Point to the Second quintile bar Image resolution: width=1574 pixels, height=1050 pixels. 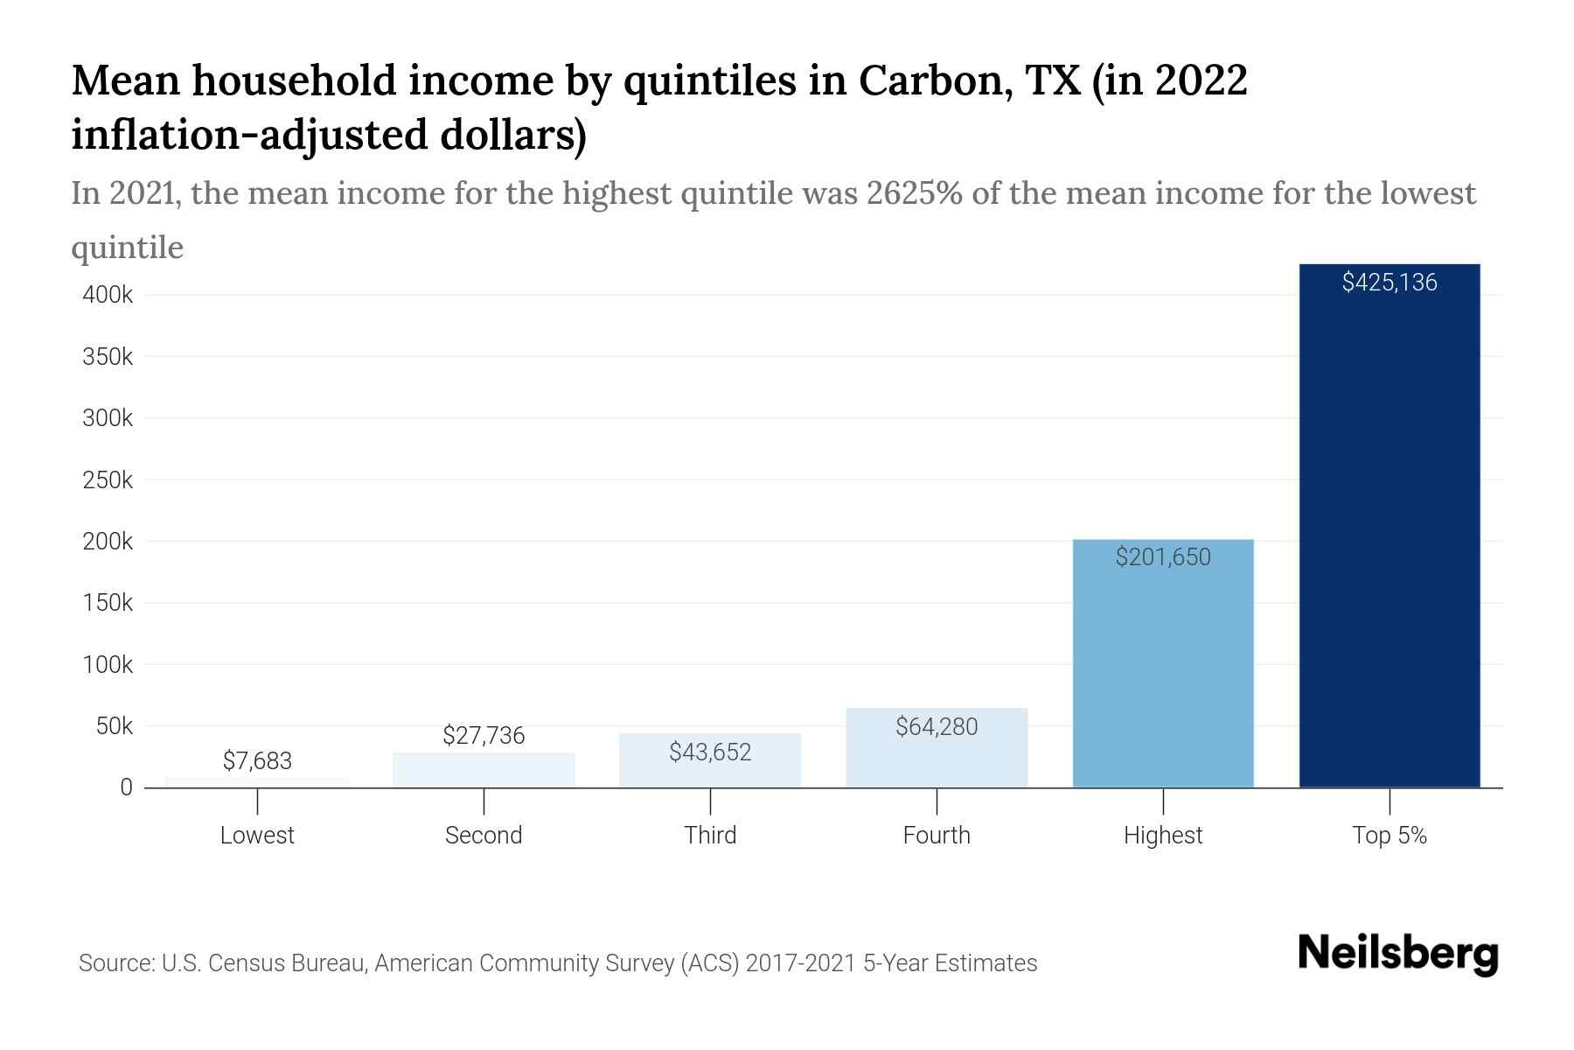[x=484, y=771]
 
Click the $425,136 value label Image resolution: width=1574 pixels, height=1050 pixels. [x=1389, y=283]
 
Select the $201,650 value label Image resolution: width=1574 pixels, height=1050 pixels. [x=1163, y=557]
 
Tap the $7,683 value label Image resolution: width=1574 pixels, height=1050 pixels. [x=257, y=761]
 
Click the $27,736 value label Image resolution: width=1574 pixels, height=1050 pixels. [x=484, y=736]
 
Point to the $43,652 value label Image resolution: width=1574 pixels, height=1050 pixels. [x=710, y=752]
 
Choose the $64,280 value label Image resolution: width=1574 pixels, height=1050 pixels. [x=937, y=727]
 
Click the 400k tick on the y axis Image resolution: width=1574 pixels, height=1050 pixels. [x=108, y=296]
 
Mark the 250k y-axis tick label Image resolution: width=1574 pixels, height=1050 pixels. [x=108, y=480]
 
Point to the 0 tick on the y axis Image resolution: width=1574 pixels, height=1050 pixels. [x=126, y=787]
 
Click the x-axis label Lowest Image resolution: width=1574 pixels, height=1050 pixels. [x=257, y=836]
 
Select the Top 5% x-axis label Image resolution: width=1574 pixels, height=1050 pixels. [x=1389, y=836]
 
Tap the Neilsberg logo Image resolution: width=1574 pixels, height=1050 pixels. [x=1398, y=954]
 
